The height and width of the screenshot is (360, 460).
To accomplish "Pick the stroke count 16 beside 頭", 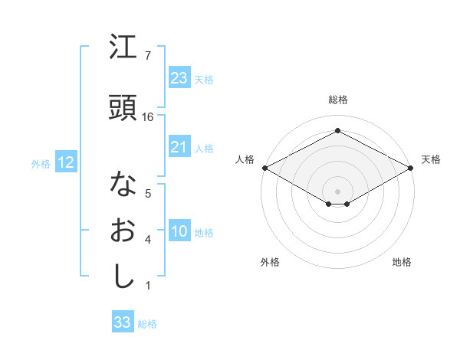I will (149, 116).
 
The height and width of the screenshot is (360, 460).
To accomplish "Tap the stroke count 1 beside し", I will (147, 286).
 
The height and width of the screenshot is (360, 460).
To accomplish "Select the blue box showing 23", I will (179, 78).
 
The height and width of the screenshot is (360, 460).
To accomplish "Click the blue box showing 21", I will (179, 147).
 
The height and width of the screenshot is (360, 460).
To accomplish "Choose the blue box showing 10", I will (179, 232).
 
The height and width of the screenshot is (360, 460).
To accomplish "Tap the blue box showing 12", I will (65, 162).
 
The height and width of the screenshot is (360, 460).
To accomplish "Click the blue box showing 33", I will (123, 322).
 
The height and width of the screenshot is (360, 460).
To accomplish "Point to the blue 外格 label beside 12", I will (40, 163).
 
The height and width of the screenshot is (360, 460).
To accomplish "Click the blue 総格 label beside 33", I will (147, 324).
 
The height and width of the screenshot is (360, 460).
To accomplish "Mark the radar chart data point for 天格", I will (411, 168).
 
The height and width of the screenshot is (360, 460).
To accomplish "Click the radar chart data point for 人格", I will (264, 168).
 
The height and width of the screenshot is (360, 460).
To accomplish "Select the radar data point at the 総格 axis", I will (337, 131).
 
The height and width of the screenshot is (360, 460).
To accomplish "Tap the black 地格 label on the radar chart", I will (402, 262).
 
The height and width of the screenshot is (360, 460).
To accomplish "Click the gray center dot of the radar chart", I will (337, 190).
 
